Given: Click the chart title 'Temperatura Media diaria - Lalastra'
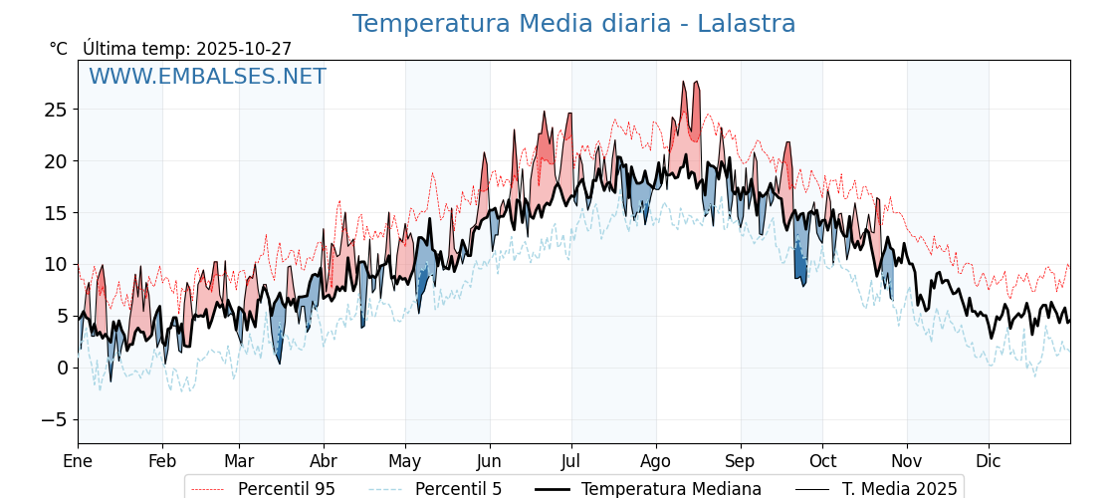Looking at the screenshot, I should pos(573,24).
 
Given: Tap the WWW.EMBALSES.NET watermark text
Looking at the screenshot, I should pos(207,77).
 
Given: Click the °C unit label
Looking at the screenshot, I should pos(58,49).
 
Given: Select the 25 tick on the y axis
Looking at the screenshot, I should pos(55,110).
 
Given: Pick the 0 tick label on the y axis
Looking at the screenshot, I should pos(62,368).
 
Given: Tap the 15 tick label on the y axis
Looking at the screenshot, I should pos(55,213).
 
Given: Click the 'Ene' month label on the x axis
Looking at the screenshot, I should pos(78,461).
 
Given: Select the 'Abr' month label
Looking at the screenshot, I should pos(324,461).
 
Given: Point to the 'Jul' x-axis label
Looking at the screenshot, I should pos(571,461).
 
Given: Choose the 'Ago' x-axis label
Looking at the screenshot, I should pos(656,461).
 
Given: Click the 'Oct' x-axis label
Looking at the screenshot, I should pos(822,461).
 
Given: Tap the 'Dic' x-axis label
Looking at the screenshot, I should pos(989,461).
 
